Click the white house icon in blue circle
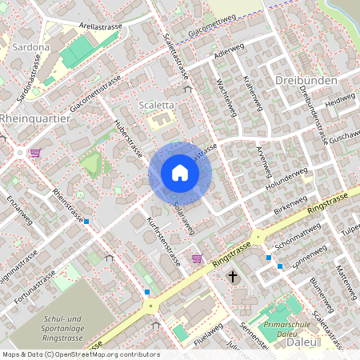180,172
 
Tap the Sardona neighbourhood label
31,47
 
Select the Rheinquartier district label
35,118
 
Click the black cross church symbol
233,277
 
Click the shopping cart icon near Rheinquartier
34,152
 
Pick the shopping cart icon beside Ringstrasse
198,258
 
